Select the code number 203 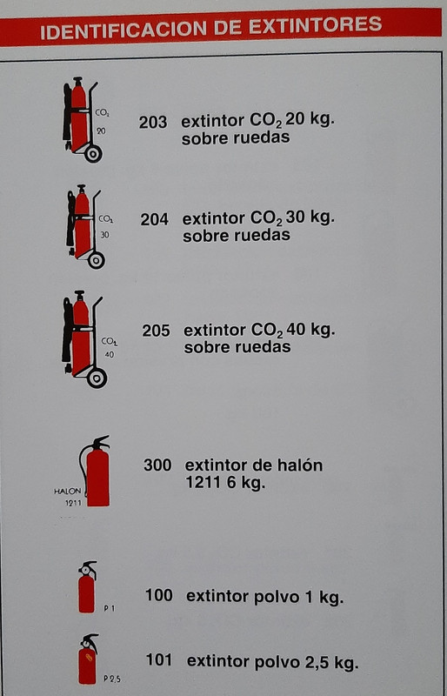coord(153,122)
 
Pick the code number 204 coord(154,219)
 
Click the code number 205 coord(156,331)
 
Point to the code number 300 coord(157,465)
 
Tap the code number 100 coord(158,596)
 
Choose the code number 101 coord(159,660)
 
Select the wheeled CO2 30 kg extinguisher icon coord(84,224)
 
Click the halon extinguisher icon coord(96,472)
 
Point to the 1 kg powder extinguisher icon coord(86,587)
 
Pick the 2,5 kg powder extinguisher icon coord(87,659)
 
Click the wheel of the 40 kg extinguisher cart coord(97,377)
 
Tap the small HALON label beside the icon coord(67,491)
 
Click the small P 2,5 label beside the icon coord(111,678)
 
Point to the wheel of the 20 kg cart coord(93,153)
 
